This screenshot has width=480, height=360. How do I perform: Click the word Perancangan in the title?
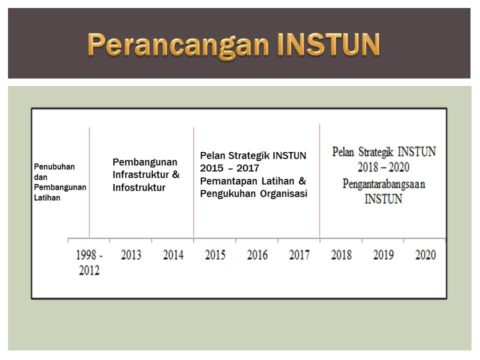click(178, 45)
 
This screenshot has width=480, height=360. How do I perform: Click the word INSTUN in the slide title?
click(328, 44)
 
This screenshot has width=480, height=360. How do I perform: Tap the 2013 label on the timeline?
click(131, 254)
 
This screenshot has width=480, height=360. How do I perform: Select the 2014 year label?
click(173, 254)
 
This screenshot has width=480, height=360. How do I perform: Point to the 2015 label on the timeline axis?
click(215, 254)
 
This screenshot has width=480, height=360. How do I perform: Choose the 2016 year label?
click(257, 254)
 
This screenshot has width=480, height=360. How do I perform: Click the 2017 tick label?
click(299, 254)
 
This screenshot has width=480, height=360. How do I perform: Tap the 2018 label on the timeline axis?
click(341, 254)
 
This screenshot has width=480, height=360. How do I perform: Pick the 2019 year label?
click(383, 254)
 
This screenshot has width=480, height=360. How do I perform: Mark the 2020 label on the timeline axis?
click(425, 254)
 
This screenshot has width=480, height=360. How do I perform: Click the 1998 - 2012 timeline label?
click(89, 262)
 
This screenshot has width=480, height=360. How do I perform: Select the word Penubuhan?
click(54, 167)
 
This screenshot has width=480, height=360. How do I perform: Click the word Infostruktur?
click(139, 187)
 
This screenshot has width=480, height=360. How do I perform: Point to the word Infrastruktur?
click(141, 174)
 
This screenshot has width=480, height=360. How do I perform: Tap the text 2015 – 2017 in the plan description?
click(229, 168)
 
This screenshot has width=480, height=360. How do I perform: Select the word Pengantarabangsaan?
click(384, 184)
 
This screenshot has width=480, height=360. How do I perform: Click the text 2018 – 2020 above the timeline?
click(383, 167)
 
